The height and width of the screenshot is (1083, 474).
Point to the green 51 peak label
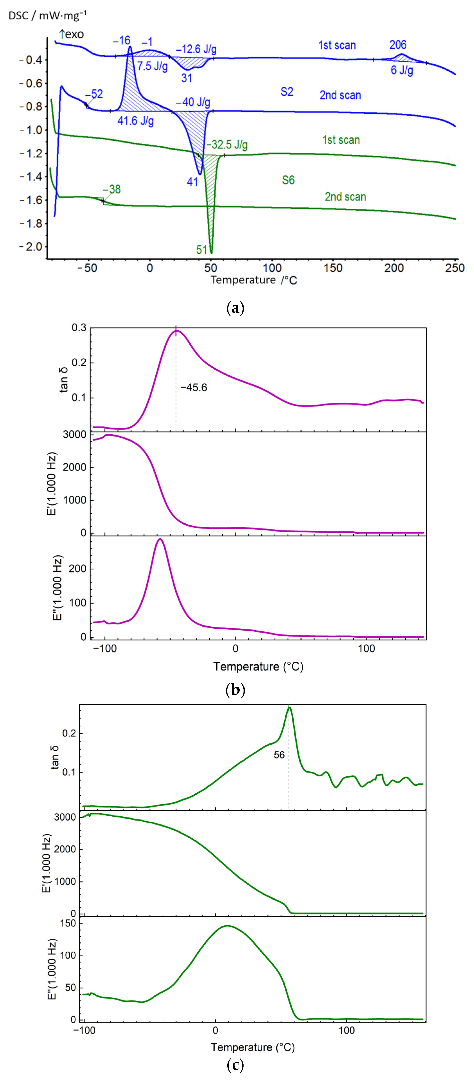pyautogui.click(x=202, y=250)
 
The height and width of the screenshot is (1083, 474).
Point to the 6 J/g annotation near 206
pyautogui.click(x=402, y=70)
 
